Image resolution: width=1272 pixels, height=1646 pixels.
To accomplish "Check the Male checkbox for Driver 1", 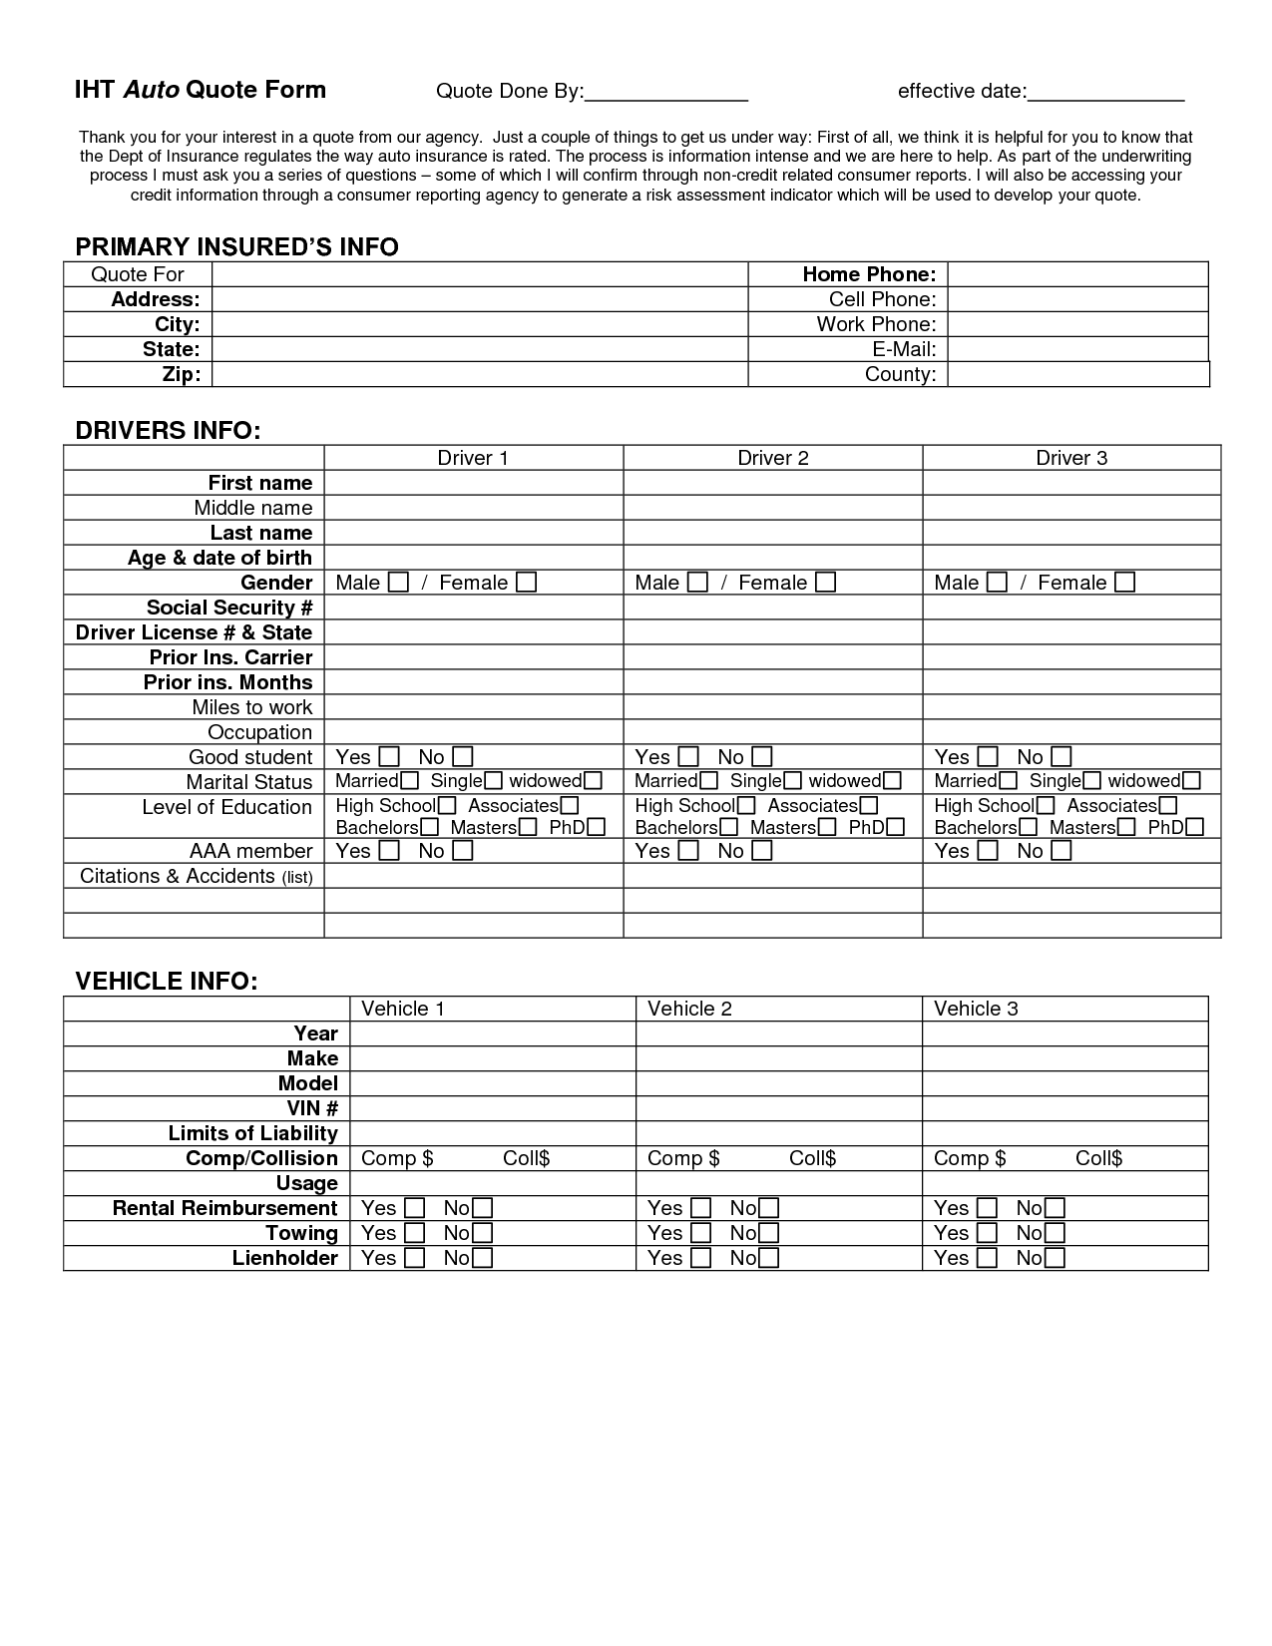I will click(398, 583).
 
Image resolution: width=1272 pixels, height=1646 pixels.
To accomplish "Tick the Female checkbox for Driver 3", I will click(1124, 583).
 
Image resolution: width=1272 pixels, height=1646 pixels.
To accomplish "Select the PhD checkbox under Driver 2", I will click(896, 827).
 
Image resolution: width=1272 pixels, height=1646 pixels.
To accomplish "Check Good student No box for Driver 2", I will click(762, 757).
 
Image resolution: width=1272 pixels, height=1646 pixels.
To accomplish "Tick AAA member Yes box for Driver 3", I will click(988, 851).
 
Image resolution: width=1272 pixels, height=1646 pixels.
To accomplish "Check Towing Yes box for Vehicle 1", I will click(415, 1234).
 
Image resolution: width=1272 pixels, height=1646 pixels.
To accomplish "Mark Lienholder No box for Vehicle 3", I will click(1056, 1259).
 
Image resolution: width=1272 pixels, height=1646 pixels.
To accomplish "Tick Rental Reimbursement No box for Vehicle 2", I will click(768, 1209).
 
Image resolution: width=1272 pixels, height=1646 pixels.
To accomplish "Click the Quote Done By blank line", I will click(665, 93).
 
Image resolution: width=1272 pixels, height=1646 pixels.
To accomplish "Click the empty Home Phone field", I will click(1077, 274).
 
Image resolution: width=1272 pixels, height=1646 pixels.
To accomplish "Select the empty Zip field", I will click(479, 374).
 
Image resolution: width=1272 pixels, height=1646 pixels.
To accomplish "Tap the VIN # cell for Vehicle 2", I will click(778, 1108).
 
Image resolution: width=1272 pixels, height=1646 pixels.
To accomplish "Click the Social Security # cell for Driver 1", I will click(474, 608).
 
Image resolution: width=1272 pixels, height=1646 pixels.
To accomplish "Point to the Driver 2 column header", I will click(773, 458).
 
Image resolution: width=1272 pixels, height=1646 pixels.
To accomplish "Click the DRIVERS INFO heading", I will click(168, 431).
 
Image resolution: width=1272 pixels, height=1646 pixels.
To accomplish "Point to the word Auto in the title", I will click(152, 90).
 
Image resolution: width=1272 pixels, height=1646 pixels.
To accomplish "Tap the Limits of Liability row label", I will click(252, 1133).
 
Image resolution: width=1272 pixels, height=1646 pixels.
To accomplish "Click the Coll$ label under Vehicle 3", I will click(1098, 1158).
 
